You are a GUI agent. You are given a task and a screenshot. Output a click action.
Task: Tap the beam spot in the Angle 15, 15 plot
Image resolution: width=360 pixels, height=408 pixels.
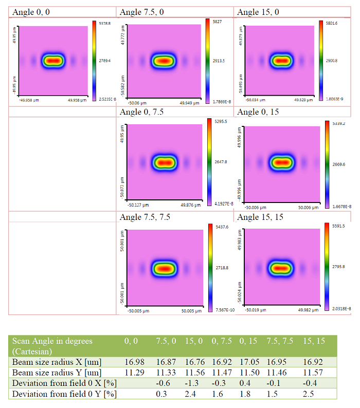tap(280, 268)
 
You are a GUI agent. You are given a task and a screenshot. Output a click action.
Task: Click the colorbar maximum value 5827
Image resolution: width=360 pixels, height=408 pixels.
tap(219, 22)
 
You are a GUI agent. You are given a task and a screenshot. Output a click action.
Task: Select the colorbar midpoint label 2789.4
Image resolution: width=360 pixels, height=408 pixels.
tap(105, 60)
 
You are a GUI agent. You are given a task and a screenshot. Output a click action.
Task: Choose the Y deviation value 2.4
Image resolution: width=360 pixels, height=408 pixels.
tap(190, 394)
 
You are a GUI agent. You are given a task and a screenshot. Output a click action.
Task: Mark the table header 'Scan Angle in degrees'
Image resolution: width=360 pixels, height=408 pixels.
tap(52, 341)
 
